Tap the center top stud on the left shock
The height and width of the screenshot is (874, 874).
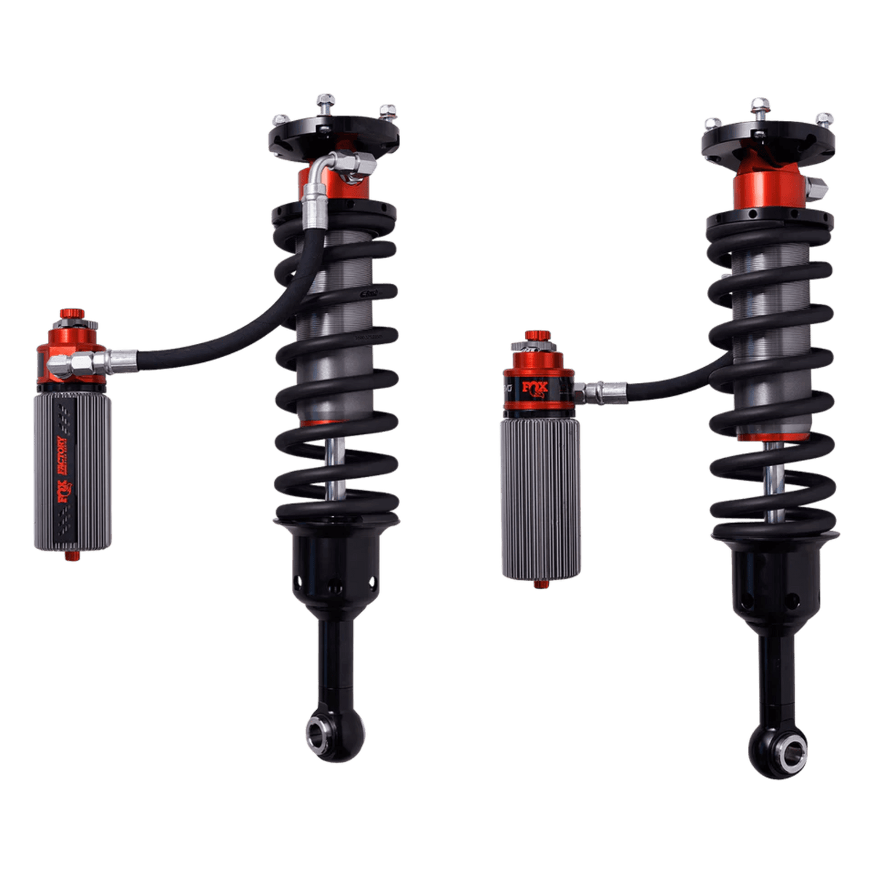point(325,101)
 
